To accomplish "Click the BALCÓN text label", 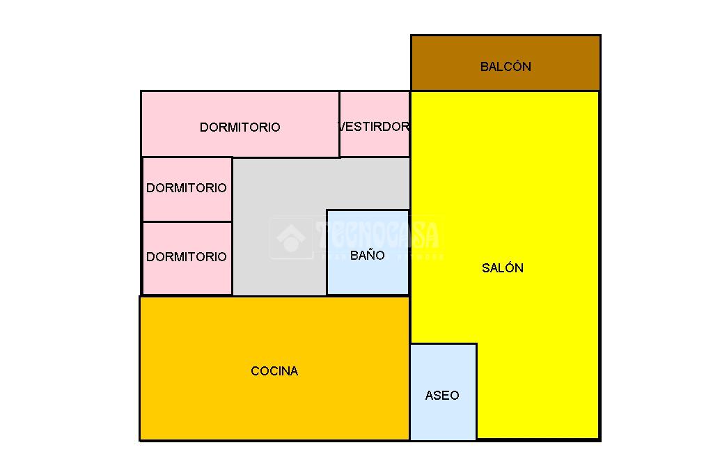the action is click(x=506, y=67).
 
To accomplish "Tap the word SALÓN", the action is click(x=502, y=268).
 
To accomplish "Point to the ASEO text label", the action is click(x=442, y=396).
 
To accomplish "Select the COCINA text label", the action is click(x=274, y=371).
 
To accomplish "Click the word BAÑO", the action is click(x=367, y=256).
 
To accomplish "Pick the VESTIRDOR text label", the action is click(x=374, y=127).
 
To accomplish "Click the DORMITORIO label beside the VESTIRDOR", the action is click(x=240, y=127).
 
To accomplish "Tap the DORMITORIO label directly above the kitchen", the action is click(x=186, y=257).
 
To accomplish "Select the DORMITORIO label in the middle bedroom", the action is click(x=186, y=188).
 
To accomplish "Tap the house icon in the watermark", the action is click(x=291, y=238).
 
